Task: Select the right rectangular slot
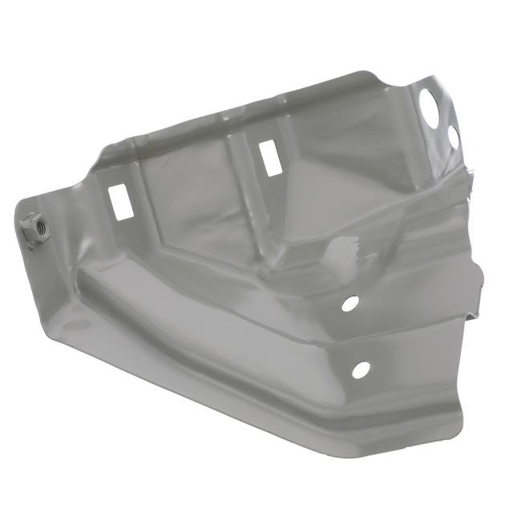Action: tap(269, 157)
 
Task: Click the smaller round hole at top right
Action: tap(453, 137)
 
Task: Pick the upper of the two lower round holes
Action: tap(350, 304)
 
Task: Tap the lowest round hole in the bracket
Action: tap(361, 370)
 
